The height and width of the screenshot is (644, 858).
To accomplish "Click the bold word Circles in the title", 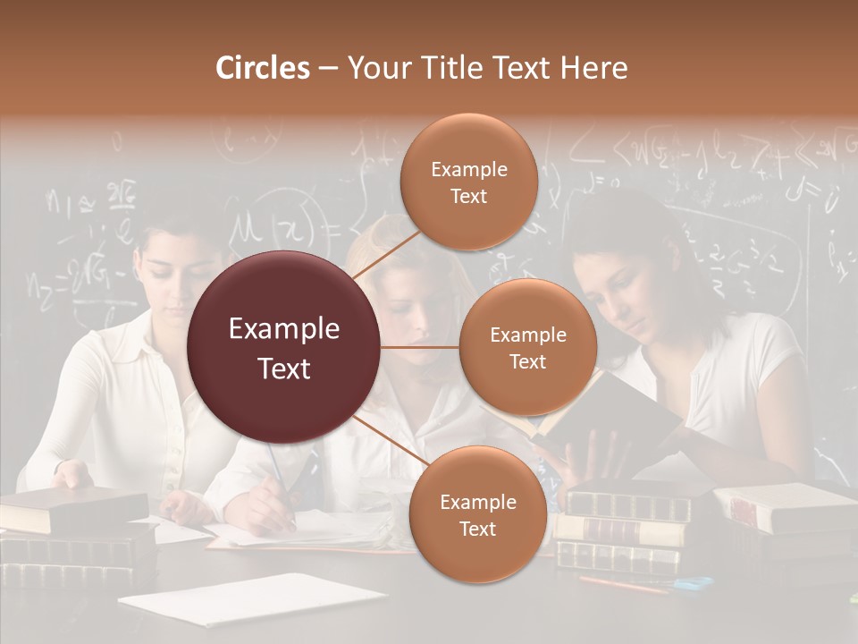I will pos(262,68).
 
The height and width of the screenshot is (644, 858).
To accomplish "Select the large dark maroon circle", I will pos(283,347).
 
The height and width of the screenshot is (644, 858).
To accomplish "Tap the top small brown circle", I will pos(468,182).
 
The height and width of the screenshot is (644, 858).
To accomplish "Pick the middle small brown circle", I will pos(527,347).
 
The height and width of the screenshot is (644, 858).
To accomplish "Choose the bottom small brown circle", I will pos(477,514).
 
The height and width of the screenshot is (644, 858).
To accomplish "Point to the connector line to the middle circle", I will pos(420,347).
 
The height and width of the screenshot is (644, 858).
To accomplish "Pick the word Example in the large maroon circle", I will pos(283,329).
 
